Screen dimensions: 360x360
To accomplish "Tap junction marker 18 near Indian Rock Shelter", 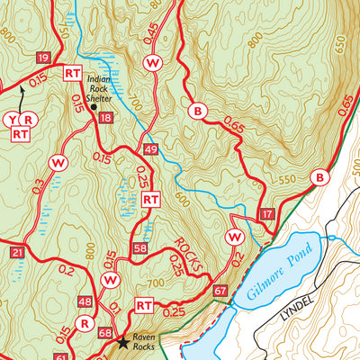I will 106,118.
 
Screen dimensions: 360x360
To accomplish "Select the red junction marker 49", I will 150,148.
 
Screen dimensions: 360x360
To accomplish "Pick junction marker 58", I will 139,247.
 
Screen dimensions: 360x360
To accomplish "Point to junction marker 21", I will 18,253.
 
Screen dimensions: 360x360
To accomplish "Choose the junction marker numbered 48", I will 85,301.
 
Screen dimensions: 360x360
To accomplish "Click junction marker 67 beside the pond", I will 220,291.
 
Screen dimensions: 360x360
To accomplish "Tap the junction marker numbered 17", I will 265,213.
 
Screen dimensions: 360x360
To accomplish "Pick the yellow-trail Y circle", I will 13,119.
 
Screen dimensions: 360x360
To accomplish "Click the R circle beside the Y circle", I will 29,119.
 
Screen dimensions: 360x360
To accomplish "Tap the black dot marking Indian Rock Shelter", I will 94,106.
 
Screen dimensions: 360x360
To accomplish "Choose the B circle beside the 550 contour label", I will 318,179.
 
